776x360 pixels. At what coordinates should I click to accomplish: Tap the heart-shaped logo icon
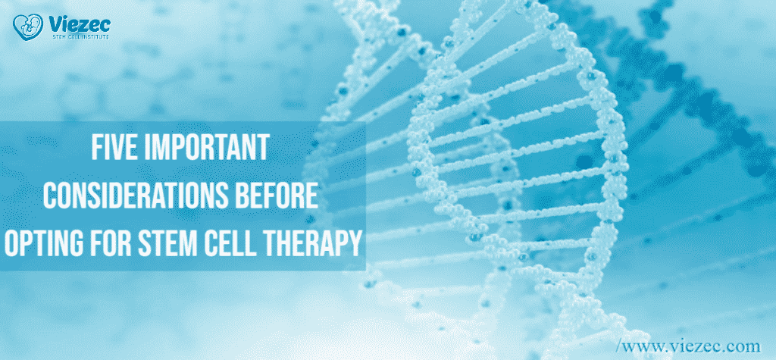[27, 29]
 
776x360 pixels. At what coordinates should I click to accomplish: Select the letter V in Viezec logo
[52, 25]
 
